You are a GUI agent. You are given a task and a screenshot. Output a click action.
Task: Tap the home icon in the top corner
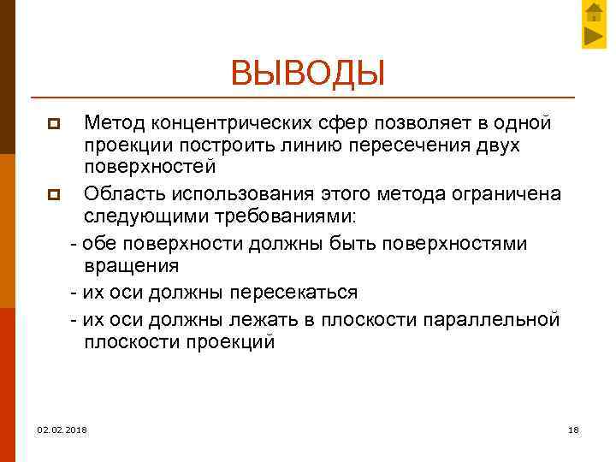pos(595,12)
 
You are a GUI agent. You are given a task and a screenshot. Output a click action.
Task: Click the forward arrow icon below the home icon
pos(595,36)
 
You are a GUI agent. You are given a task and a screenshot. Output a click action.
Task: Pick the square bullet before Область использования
pos(52,196)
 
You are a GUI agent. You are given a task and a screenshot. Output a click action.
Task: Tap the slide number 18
pos(573,429)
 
